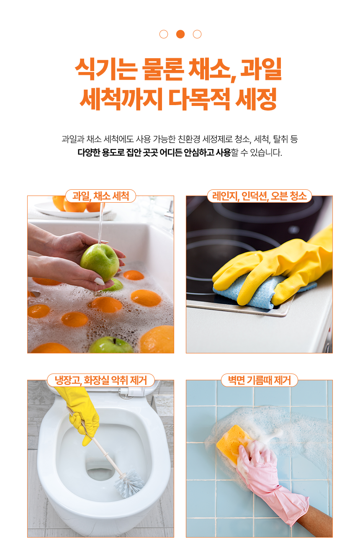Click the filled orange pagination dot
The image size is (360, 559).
pos(180,34)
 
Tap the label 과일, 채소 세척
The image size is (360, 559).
pos(100,196)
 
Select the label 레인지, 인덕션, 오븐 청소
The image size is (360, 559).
pos(259,196)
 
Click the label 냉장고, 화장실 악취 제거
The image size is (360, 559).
pos(101,380)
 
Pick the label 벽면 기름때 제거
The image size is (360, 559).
pos(260,380)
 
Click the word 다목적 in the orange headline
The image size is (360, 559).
pos(199,99)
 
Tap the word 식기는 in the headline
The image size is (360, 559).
pos(106,69)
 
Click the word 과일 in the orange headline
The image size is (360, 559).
pos(261,69)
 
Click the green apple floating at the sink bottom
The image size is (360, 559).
pos(111,345)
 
